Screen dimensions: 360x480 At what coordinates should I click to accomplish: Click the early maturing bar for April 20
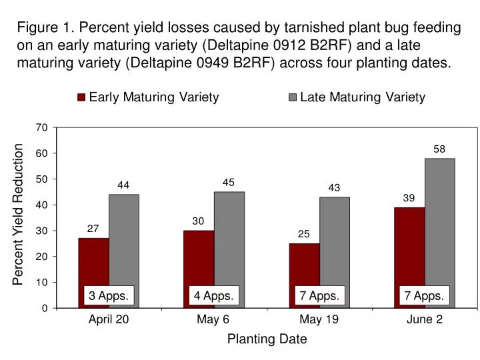(93, 263)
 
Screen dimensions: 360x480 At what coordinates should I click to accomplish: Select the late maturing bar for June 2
(440, 227)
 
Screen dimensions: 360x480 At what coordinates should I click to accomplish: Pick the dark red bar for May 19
(304, 267)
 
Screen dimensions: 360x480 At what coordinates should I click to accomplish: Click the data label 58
(439, 149)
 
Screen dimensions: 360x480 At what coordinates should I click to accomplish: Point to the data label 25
(303, 234)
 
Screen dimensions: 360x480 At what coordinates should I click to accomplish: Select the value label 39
(409, 198)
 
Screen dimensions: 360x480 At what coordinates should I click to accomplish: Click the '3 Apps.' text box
(109, 295)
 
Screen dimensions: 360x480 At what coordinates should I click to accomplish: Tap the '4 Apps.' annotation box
(213, 295)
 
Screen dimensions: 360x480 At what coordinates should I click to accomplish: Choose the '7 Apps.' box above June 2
(424, 295)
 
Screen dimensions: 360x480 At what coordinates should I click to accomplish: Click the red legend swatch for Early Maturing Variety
(81, 97)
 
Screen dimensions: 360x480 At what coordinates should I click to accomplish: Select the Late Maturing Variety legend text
(363, 97)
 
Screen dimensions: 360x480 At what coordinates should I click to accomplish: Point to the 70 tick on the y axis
(42, 127)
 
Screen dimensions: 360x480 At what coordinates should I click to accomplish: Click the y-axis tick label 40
(42, 205)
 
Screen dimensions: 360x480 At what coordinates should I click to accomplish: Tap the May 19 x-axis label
(319, 319)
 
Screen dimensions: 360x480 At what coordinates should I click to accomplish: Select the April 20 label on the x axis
(109, 319)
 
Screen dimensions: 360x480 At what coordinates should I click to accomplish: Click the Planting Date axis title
(267, 339)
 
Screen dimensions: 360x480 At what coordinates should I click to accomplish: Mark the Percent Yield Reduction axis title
(19, 215)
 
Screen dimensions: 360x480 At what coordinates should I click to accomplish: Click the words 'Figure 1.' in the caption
(45, 28)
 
